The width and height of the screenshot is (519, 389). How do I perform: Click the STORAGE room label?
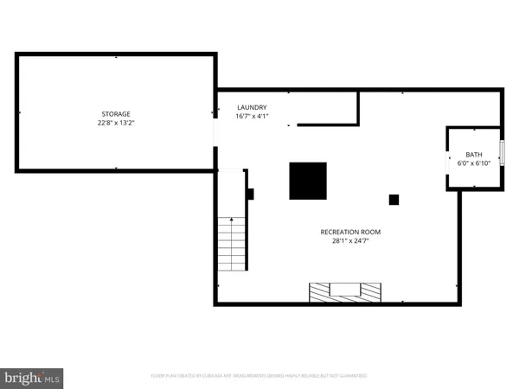pyautogui.click(x=116, y=114)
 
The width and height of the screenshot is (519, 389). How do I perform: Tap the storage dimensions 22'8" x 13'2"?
pyautogui.click(x=116, y=124)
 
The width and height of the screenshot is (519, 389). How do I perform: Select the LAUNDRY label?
pyautogui.click(x=252, y=107)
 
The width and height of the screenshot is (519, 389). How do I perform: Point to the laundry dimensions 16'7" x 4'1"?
pyautogui.click(x=252, y=117)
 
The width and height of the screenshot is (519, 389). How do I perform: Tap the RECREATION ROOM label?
pyautogui.click(x=350, y=232)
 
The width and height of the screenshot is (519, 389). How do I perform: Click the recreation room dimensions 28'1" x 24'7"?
pyautogui.click(x=350, y=241)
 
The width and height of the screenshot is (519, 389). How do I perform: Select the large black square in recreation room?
pyautogui.click(x=308, y=181)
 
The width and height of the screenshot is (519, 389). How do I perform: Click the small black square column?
pyautogui.click(x=394, y=200)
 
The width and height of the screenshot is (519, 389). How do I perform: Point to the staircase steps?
pyautogui.click(x=232, y=244)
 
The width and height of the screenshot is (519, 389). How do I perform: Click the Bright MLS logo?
pyautogui.click(x=33, y=377)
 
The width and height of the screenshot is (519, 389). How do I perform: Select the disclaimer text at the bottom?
pyautogui.click(x=260, y=376)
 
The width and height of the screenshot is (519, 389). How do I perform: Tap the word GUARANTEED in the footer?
pyautogui.click(x=353, y=376)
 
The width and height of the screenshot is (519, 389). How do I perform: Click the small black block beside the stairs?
pyautogui.click(x=250, y=194)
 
